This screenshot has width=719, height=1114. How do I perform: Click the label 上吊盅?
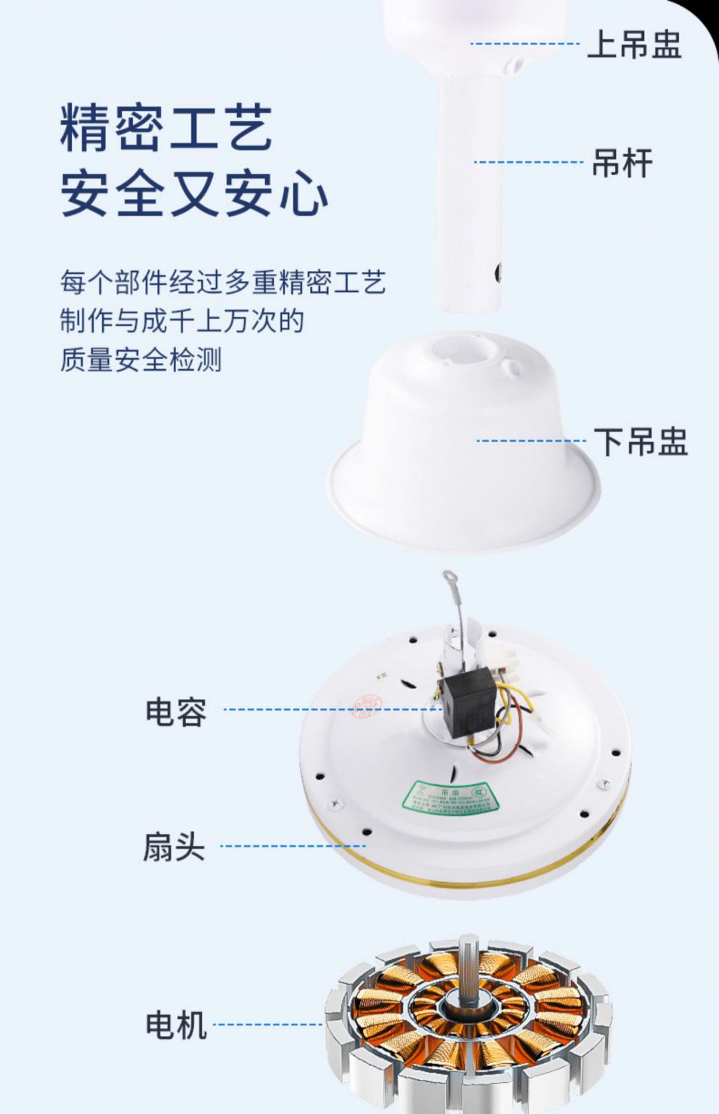point(633,44)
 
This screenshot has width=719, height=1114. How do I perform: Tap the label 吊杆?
point(622,163)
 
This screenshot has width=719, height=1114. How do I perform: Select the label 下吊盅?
point(640,441)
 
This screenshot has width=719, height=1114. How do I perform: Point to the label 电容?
point(176,711)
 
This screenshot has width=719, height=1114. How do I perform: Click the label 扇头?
point(174,847)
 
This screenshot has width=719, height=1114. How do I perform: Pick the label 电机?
point(176,1025)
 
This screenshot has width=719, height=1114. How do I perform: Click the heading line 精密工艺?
point(166,128)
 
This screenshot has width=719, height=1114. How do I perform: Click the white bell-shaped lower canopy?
point(465,429)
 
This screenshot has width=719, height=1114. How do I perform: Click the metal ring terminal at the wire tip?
point(448,583)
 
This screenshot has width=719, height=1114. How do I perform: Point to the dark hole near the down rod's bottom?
point(498,272)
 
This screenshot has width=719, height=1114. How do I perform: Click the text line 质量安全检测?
point(140,360)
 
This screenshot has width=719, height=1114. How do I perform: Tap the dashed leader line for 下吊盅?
point(530,441)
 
